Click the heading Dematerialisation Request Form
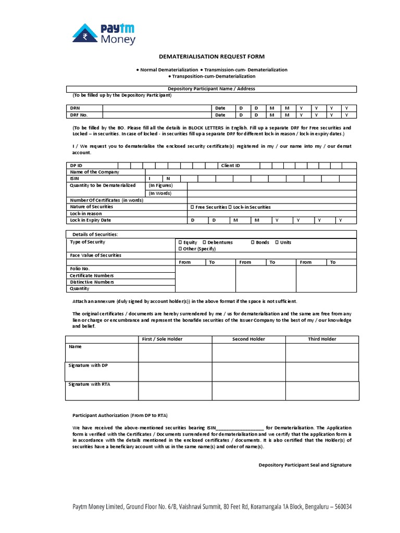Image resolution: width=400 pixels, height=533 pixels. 200,57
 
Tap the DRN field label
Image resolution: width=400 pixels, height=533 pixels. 75,108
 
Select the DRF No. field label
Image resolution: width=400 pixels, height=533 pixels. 79,115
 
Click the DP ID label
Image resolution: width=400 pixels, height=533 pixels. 76,166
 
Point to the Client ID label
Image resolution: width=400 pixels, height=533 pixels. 230,166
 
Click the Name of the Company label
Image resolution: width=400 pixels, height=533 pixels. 94,172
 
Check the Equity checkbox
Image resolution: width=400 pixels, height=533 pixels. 180,243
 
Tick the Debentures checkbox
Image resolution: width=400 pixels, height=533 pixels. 204,243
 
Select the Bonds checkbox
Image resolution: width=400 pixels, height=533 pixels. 253,243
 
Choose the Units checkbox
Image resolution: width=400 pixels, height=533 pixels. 277,243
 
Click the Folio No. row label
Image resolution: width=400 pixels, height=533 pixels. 80,269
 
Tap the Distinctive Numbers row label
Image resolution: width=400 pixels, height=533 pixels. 92,282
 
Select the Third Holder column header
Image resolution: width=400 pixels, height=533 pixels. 322,339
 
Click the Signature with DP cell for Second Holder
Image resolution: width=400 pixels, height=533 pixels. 248,372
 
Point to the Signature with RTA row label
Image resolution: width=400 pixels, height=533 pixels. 89,385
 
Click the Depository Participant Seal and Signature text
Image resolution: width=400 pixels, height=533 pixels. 305,465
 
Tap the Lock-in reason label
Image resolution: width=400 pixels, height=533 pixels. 86,213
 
